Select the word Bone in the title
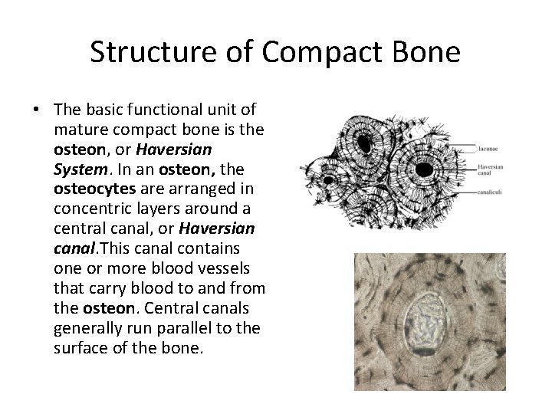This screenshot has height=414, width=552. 426,52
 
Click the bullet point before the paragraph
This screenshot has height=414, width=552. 36,110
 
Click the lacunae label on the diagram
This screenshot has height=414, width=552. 488,148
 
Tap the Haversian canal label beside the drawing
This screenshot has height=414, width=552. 491,171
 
